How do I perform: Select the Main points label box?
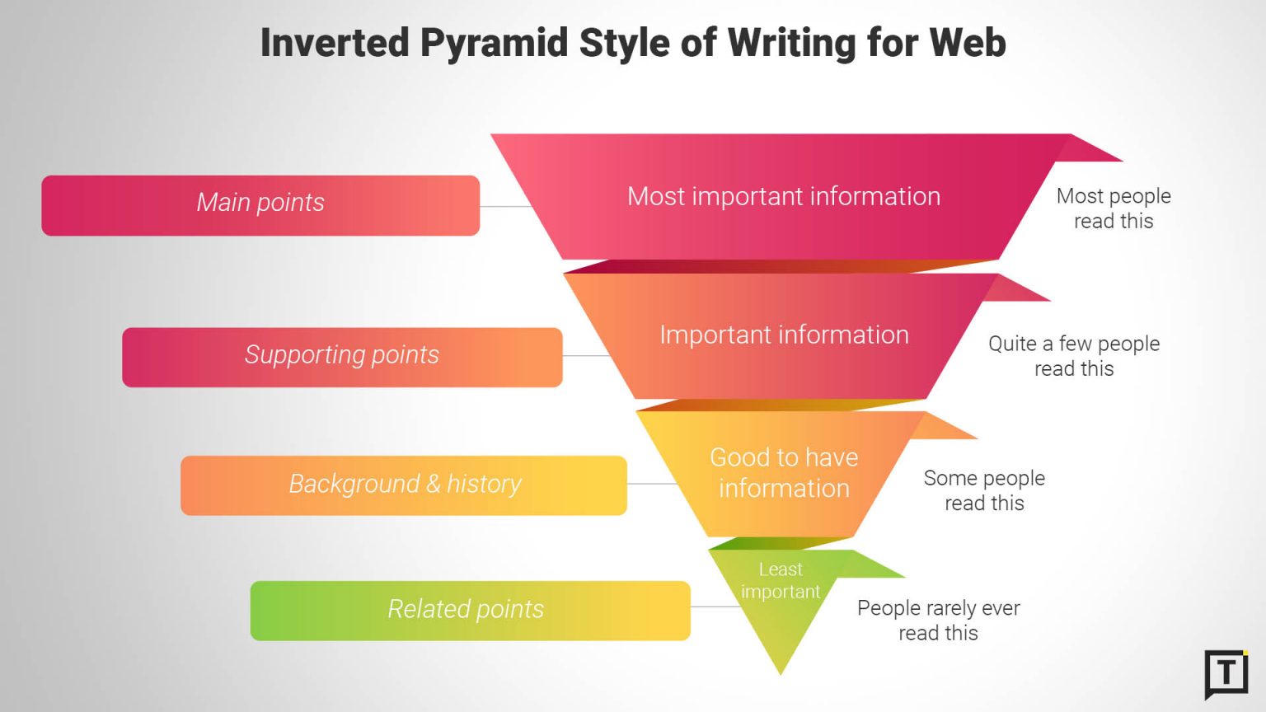pyautogui.click(x=260, y=205)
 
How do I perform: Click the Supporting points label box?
pyautogui.click(x=342, y=357)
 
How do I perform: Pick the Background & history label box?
pyautogui.click(x=404, y=485)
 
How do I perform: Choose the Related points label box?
pyautogui.click(x=470, y=611)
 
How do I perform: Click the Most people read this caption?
pyautogui.click(x=1114, y=208)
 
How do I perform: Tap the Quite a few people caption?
pyautogui.click(x=1074, y=356)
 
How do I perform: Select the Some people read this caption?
pyautogui.click(x=984, y=490)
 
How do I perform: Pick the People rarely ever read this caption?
pyautogui.click(x=938, y=621)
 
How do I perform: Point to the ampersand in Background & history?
pyautogui.click(x=434, y=484)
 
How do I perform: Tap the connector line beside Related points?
pyautogui.click(x=715, y=607)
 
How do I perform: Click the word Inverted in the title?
pyautogui.click(x=335, y=43)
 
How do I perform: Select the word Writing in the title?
pyautogui.click(x=791, y=43)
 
